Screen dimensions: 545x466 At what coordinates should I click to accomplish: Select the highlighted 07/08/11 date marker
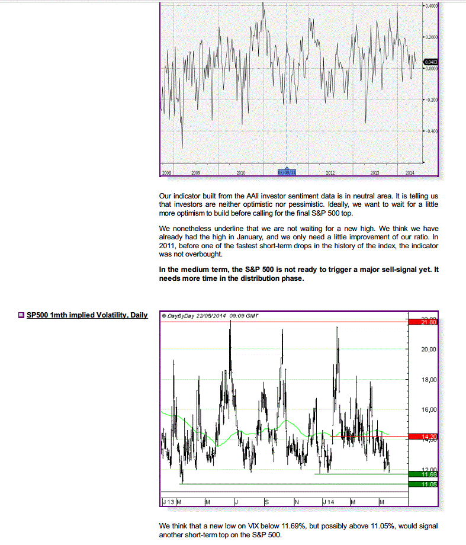(287, 172)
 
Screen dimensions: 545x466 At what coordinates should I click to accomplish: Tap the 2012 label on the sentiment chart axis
(330, 172)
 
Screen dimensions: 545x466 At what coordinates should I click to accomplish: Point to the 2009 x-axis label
(196, 172)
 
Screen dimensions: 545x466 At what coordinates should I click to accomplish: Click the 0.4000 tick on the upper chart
(430, 5)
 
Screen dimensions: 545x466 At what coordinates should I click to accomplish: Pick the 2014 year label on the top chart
(409, 172)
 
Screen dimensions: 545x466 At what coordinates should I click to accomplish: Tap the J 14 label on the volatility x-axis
(328, 502)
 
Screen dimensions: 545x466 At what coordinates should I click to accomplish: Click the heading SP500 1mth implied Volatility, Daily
(87, 315)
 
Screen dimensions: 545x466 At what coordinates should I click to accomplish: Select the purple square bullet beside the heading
(21, 315)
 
